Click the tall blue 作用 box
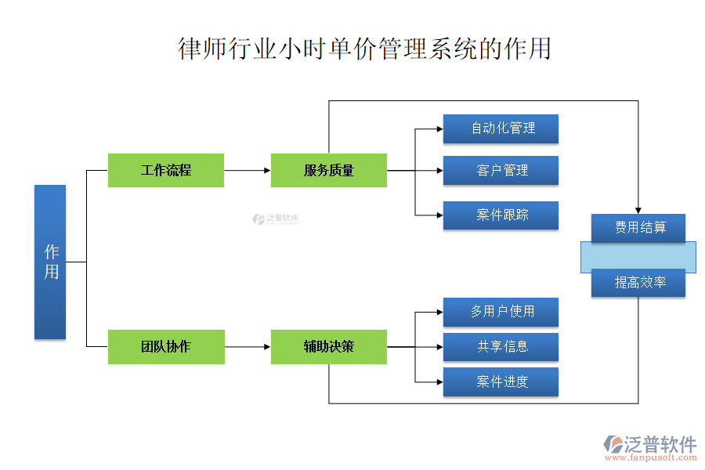(50, 262)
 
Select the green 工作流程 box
(166, 170)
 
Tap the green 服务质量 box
(329, 170)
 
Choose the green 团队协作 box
(166, 346)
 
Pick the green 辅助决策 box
(329, 346)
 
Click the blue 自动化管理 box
(501, 128)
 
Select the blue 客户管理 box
(501, 170)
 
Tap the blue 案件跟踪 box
(501, 215)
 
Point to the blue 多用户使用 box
(501, 312)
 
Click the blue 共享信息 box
(501, 346)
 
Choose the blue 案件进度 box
(501, 381)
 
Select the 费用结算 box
(638, 227)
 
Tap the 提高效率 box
(638, 283)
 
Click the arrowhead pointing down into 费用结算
(638, 208)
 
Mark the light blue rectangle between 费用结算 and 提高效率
(638, 256)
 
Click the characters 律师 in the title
(203, 49)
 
